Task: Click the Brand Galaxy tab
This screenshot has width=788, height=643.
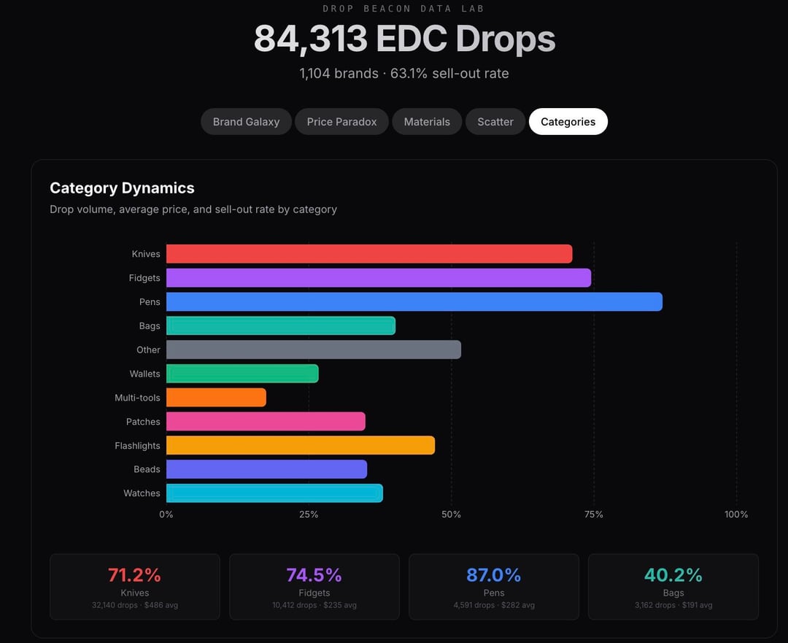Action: [x=246, y=122]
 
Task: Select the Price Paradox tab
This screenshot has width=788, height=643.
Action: [x=341, y=122]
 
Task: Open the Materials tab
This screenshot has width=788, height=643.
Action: [x=427, y=122]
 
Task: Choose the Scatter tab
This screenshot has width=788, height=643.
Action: [x=495, y=122]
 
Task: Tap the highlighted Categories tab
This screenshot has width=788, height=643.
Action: [x=568, y=122]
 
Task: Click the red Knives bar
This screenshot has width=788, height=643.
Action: [x=368, y=254]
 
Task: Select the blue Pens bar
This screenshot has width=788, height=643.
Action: [x=414, y=302]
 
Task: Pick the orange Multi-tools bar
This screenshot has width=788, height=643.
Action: [x=216, y=398]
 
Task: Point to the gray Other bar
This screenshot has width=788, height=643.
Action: [x=313, y=350]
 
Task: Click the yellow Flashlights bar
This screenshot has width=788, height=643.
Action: [x=300, y=445]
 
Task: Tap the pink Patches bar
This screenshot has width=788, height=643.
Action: [x=266, y=422]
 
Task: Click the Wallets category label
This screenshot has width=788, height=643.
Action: [x=144, y=374]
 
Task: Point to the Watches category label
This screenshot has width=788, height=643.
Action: [x=142, y=493]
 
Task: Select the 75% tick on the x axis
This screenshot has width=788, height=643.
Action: [x=594, y=515]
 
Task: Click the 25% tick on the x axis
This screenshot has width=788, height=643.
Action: [x=309, y=515]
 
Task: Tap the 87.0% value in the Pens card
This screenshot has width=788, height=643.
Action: [x=493, y=575]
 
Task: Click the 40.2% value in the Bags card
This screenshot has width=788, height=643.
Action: [x=673, y=575]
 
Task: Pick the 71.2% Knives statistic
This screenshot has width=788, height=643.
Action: [x=134, y=575]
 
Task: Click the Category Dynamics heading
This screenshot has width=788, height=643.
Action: [x=122, y=188]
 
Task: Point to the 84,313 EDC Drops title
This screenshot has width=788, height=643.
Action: [x=404, y=39]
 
